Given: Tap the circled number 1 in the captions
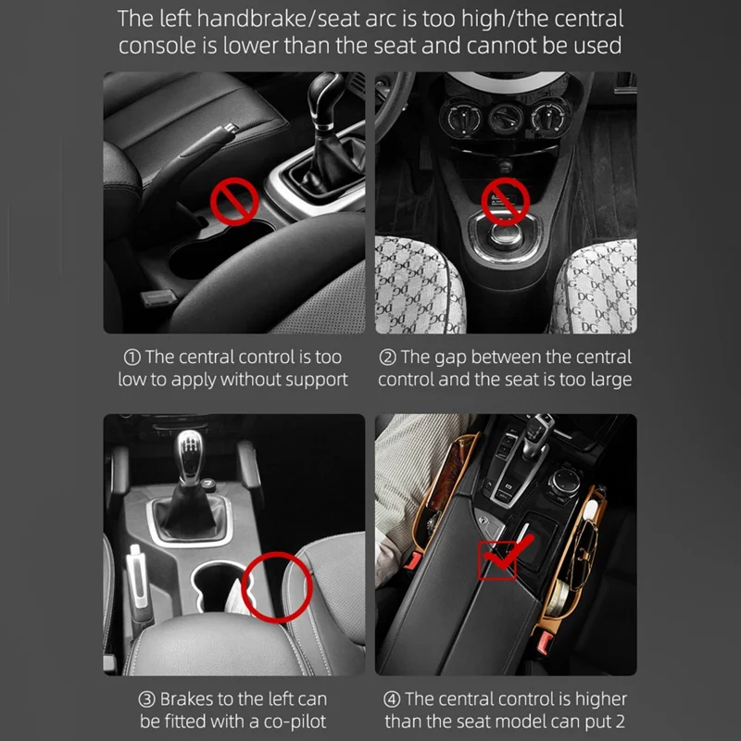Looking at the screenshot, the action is [132, 358].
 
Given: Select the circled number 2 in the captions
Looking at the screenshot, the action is [387, 358].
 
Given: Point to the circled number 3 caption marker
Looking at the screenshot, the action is [146, 699].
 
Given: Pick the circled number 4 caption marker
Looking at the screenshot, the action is [391, 699].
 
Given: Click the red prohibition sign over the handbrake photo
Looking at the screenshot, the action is [234, 201].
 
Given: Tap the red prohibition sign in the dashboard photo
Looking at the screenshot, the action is [505, 201].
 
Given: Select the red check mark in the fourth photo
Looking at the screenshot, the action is [507, 554].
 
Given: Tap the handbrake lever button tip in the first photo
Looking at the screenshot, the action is [230, 128].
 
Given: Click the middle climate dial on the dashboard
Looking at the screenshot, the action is [505, 119].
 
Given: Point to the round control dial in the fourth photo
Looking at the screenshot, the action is [563, 484].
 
